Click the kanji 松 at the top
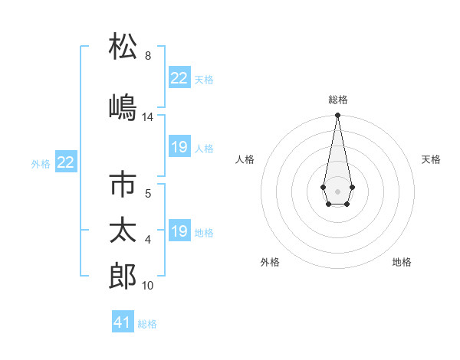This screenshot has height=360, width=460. [x=123, y=47]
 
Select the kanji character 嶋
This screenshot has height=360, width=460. [x=123, y=106]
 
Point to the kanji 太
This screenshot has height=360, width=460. [x=123, y=230]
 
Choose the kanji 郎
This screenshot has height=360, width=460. [x=123, y=275]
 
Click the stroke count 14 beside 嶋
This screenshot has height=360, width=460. [x=147, y=117]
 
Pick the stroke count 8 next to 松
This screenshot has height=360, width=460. [x=147, y=57]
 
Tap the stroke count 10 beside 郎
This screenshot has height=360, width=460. [x=147, y=286]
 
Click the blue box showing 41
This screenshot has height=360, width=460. [x=123, y=322]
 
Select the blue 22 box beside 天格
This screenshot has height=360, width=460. [x=179, y=78]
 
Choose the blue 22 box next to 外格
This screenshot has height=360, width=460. [x=66, y=162]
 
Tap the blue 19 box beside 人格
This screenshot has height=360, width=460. [x=179, y=147]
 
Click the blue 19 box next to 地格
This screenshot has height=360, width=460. [x=179, y=231]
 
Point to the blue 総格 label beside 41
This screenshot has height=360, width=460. [x=147, y=324]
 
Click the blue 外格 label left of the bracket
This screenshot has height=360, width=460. [x=41, y=163]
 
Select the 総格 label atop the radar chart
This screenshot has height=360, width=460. [x=337, y=100]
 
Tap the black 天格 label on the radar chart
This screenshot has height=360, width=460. [x=431, y=159]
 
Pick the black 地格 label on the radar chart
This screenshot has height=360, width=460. [x=402, y=262]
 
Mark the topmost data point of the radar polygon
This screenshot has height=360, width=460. [x=337, y=116]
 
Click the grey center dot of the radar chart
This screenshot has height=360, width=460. [x=337, y=190]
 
